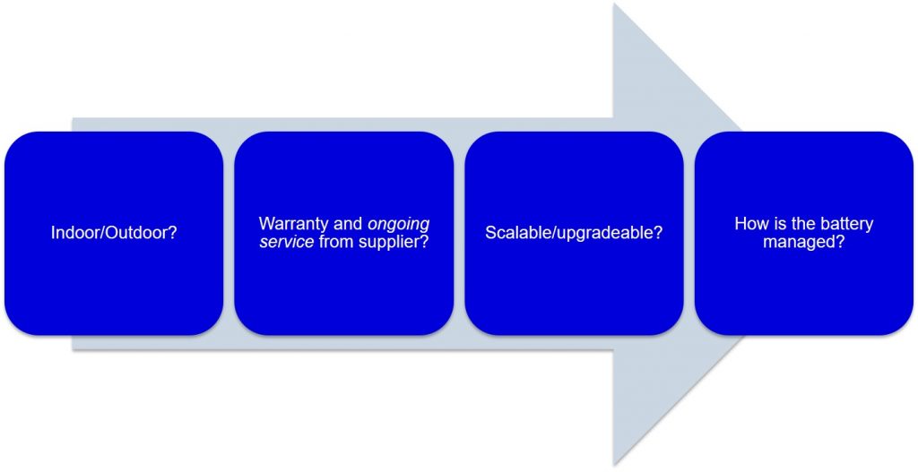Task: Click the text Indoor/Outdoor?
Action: [114, 233]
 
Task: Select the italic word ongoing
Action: [399, 225]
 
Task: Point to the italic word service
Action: [287, 242]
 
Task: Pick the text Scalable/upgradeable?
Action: [574, 233]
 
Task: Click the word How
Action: [749, 223]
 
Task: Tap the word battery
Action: [846, 223]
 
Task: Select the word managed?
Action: [804, 242]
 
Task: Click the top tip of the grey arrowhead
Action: [613, 3]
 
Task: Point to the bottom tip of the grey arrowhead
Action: [613, 466]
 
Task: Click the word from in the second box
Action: [335, 242]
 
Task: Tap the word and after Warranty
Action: [350, 223]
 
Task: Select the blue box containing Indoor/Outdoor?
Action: [114, 234]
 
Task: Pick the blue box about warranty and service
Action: [343, 234]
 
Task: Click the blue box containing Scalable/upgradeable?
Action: [574, 234]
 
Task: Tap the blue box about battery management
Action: [804, 234]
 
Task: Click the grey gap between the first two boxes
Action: [229, 234]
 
